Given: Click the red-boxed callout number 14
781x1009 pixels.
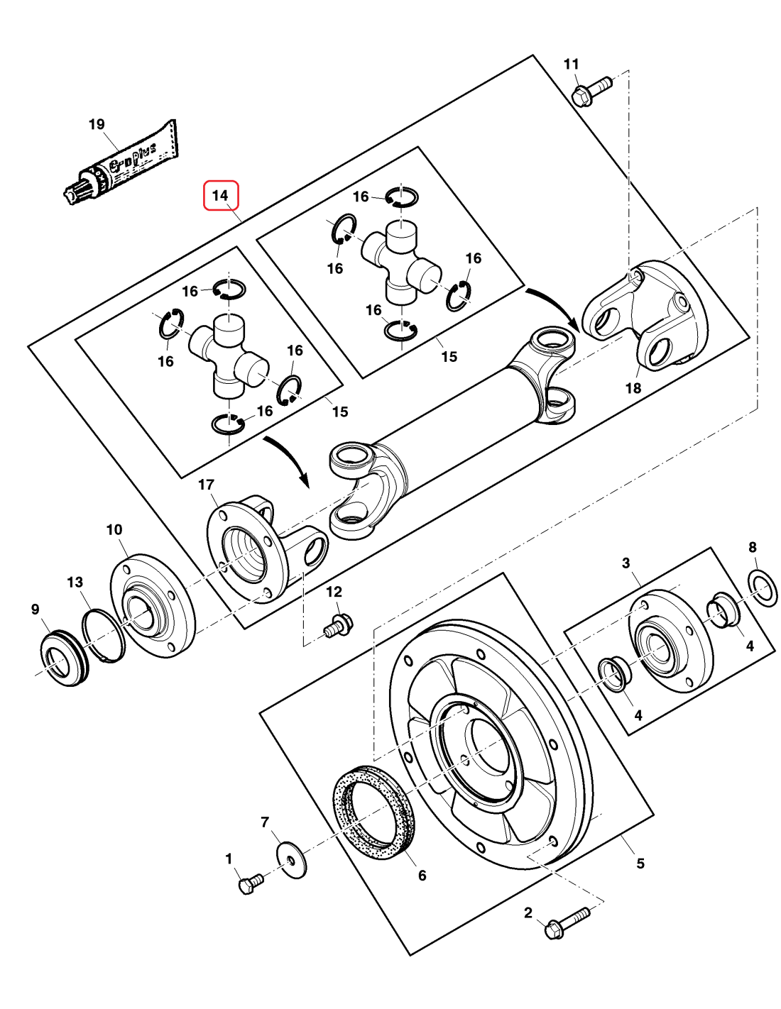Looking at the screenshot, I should [221, 196].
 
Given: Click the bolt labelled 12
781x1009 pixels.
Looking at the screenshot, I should [338, 626].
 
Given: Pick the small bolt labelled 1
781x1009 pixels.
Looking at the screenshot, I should [250, 883].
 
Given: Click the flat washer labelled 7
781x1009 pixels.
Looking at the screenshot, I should [291, 859].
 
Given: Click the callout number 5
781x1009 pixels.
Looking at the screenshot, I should [640, 863].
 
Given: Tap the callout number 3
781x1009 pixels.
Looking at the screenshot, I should [626, 563].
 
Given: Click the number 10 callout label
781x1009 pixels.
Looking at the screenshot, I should [114, 529].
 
